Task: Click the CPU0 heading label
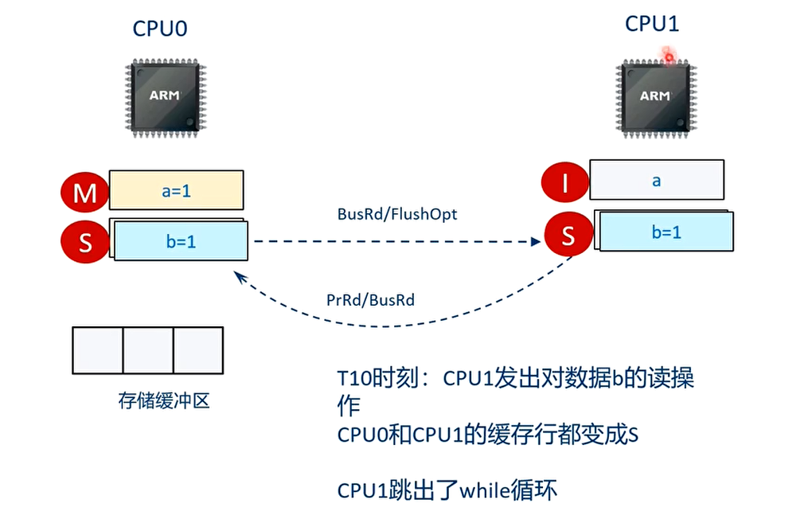click(x=159, y=29)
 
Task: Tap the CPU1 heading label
click(x=651, y=23)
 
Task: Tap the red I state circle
click(x=564, y=182)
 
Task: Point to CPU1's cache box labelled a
click(x=657, y=180)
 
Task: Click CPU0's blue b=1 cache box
click(x=181, y=240)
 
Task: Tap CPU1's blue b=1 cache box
click(x=666, y=232)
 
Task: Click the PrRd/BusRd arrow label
click(x=369, y=301)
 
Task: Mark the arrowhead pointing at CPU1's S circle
click(x=537, y=241)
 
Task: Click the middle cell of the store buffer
click(x=148, y=350)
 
